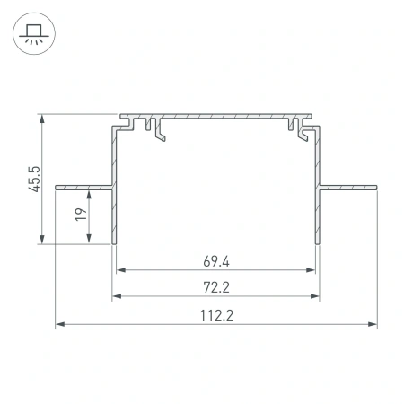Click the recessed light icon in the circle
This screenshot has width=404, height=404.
31,33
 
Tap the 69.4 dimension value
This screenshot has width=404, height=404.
215,262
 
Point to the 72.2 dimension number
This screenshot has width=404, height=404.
215,289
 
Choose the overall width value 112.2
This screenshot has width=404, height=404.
215,316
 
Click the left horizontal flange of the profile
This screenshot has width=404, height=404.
83,187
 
